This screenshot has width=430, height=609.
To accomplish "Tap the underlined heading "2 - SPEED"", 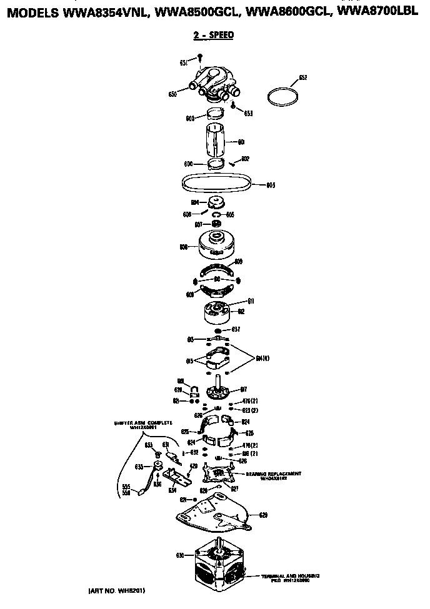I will pos(214,35).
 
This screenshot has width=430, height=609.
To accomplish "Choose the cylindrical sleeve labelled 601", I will pos(215,141).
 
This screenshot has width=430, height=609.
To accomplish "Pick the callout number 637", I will pos(236,329).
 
